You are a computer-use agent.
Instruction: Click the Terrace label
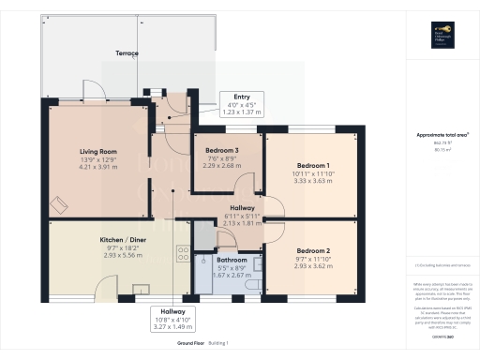click(x=126, y=53)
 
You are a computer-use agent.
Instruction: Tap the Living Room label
click(x=97, y=151)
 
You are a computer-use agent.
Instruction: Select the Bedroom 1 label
click(x=311, y=165)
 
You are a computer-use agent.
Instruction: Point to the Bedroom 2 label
click(x=311, y=250)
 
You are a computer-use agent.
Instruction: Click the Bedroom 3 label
click(x=223, y=150)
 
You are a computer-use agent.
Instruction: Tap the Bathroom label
click(x=231, y=261)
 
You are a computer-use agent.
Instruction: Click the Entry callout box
click(x=235, y=102)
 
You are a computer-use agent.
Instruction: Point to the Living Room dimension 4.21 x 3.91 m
click(x=97, y=167)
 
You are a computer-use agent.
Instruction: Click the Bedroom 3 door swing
click(x=244, y=185)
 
